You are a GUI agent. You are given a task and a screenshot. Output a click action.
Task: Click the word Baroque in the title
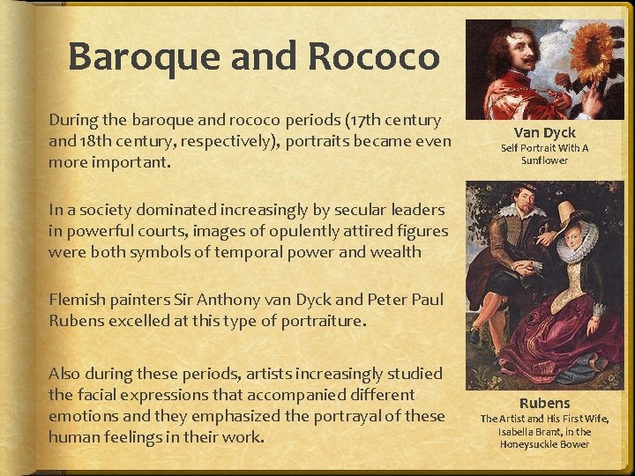[142, 57]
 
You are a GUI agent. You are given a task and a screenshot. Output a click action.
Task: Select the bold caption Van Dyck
[544, 132]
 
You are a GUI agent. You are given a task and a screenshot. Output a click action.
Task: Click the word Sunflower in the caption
[544, 160]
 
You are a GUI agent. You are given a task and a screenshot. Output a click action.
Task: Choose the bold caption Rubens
[544, 403]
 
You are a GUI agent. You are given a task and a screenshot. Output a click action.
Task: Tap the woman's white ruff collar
[577, 241]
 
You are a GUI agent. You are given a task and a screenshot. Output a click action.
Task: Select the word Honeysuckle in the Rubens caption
[528, 444]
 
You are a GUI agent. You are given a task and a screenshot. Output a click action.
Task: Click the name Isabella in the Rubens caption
[522, 432]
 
